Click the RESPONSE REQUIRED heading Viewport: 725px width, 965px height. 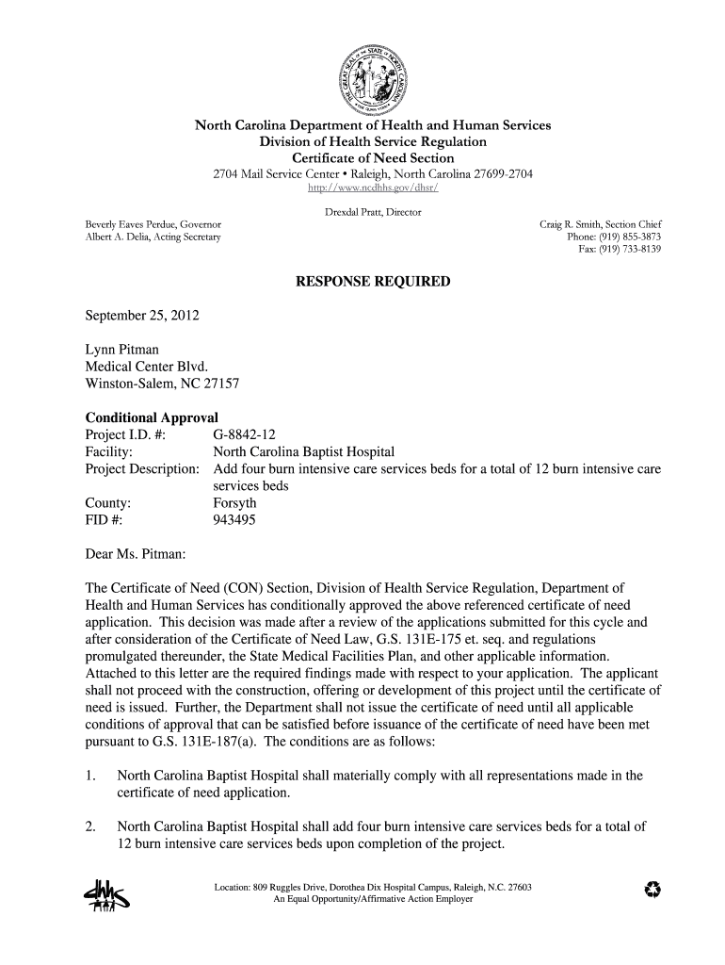[373, 282]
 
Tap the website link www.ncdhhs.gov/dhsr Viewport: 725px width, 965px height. [373, 188]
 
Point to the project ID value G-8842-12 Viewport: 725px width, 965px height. [245, 434]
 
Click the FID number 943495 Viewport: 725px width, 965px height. [235, 519]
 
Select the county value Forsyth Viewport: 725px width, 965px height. [235, 502]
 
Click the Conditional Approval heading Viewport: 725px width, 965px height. [152, 417]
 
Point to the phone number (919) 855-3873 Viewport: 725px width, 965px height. [627, 237]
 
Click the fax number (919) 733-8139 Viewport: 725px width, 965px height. [628, 250]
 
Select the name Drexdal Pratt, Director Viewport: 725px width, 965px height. [373, 212]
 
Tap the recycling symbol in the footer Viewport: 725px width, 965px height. [649, 891]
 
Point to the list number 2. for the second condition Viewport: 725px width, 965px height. [91, 826]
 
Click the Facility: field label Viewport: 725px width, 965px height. [108, 451]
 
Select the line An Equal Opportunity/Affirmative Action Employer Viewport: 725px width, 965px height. [373, 899]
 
